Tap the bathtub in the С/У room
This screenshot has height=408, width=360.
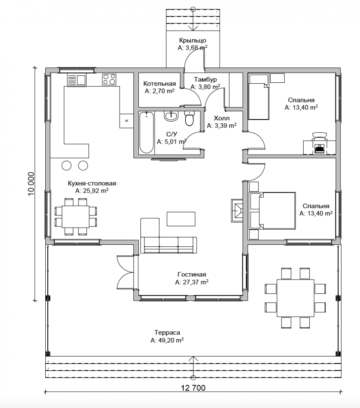[146, 133]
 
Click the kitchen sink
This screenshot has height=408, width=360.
[77, 80]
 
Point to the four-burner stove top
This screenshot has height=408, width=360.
[109, 80]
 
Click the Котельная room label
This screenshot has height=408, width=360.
[160, 84]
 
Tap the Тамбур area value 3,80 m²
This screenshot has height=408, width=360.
[205, 87]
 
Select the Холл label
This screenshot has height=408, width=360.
[222, 118]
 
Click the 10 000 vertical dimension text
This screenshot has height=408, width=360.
[31, 184]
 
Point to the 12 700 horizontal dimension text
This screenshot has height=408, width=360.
[193, 388]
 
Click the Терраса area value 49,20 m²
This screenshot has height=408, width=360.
[167, 340]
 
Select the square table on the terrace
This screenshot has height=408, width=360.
[296, 298]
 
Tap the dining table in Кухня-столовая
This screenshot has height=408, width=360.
[76, 217]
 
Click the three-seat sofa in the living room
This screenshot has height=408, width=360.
[169, 245]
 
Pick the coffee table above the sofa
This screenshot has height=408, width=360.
[181, 219]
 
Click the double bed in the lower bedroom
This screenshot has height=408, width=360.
[272, 211]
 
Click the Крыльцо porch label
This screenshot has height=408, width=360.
[193, 40]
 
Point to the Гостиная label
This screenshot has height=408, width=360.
[192, 275]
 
